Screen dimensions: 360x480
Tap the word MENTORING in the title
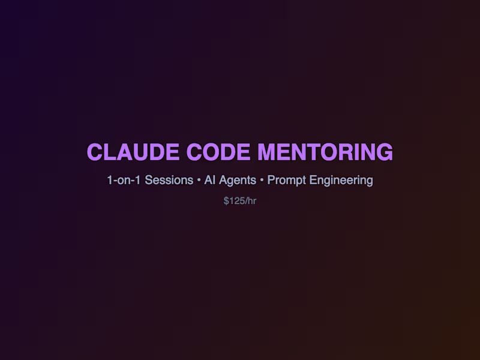(x=326, y=152)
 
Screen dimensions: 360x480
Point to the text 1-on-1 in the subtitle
(x=123, y=180)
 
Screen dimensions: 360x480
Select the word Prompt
(x=286, y=180)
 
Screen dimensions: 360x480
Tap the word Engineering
(x=341, y=180)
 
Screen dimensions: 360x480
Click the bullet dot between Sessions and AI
(x=199, y=181)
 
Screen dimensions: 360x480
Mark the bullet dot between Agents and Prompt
(x=262, y=181)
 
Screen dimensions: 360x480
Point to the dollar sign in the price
(x=226, y=201)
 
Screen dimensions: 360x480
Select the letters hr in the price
(x=252, y=201)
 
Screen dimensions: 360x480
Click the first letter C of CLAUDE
(x=94, y=152)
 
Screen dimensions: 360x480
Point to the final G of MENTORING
(x=385, y=152)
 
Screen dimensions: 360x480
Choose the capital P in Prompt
(x=271, y=180)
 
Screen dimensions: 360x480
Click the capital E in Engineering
(x=313, y=180)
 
